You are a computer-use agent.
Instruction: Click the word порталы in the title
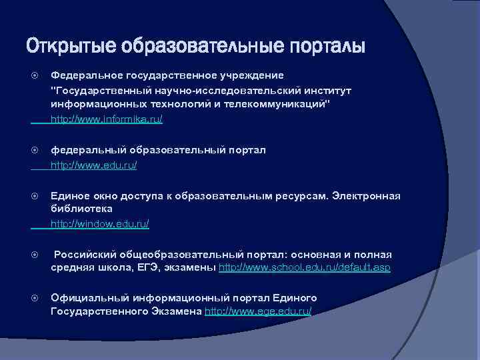tap(327, 47)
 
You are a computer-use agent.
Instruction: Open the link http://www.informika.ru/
tap(107, 119)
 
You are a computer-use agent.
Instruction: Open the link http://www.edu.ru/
tap(94, 165)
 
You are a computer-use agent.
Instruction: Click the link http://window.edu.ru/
tap(100, 225)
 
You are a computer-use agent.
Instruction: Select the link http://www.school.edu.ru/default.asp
tap(305, 267)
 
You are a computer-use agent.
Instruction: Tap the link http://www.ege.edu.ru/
tap(258, 311)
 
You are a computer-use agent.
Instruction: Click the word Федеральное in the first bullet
tap(83, 75)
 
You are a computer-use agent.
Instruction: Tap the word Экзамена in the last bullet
tap(171, 311)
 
